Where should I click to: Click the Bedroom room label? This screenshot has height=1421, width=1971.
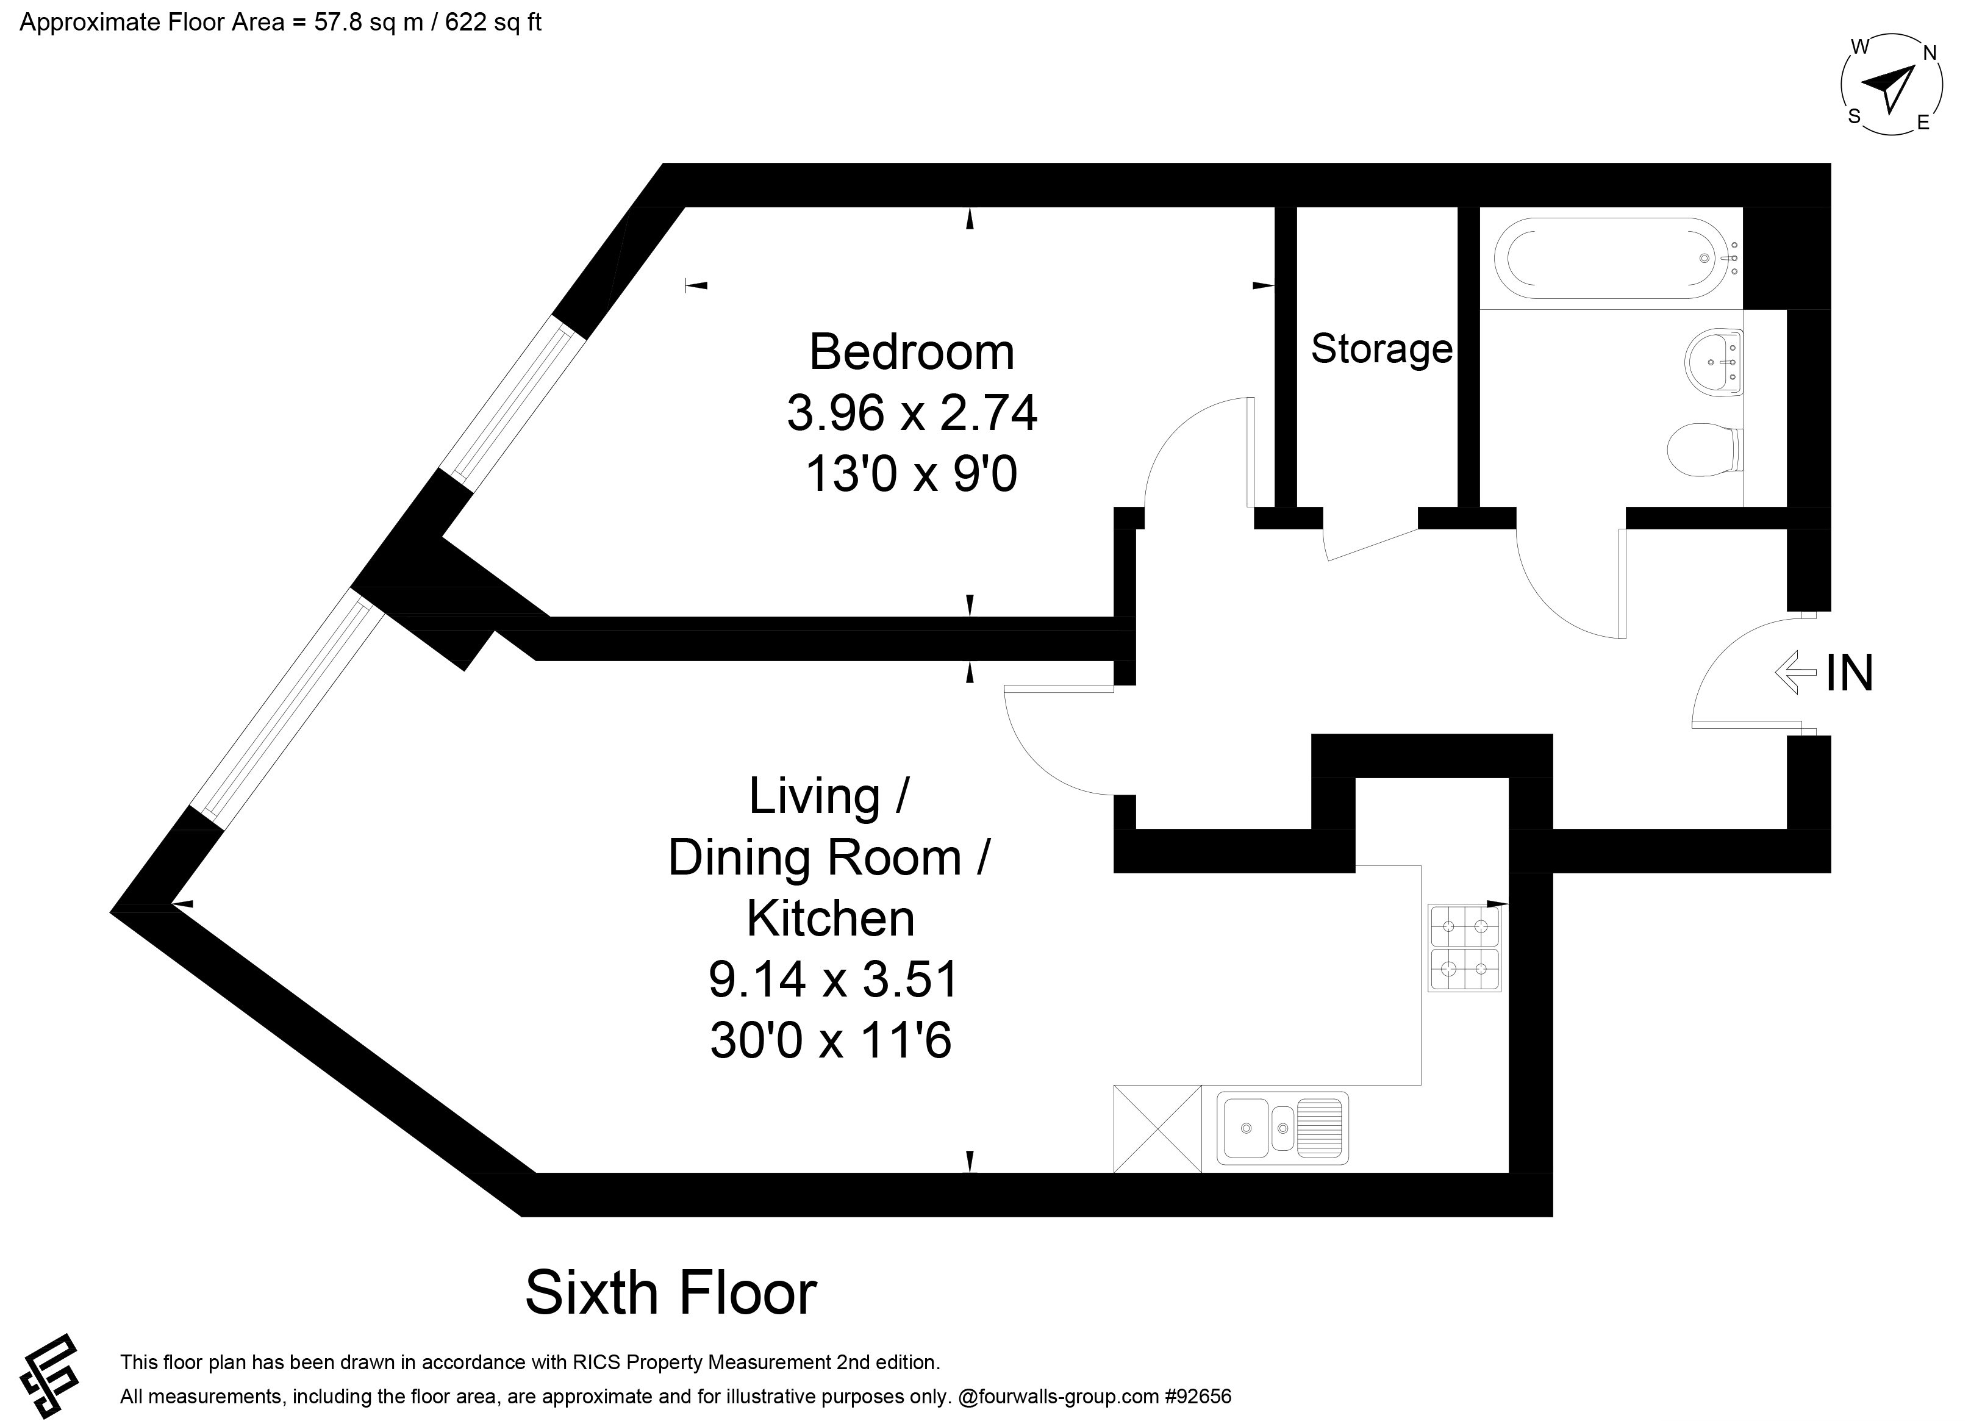click(x=912, y=352)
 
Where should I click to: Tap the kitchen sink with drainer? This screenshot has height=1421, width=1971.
click(x=1282, y=1128)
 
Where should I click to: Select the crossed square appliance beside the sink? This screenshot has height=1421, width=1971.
click(x=1157, y=1128)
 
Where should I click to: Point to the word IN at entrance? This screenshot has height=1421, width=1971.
click(x=1849, y=673)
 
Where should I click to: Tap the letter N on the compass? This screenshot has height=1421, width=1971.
click(x=1930, y=53)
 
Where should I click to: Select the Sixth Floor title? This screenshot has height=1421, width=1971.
click(x=671, y=1294)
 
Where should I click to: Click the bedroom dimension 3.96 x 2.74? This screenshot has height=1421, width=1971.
click(x=912, y=413)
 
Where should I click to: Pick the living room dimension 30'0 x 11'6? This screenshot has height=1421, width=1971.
click(x=831, y=1039)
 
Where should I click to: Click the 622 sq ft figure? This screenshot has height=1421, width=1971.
click(x=493, y=22)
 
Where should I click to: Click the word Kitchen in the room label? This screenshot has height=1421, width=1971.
click(x=831, y=918)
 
